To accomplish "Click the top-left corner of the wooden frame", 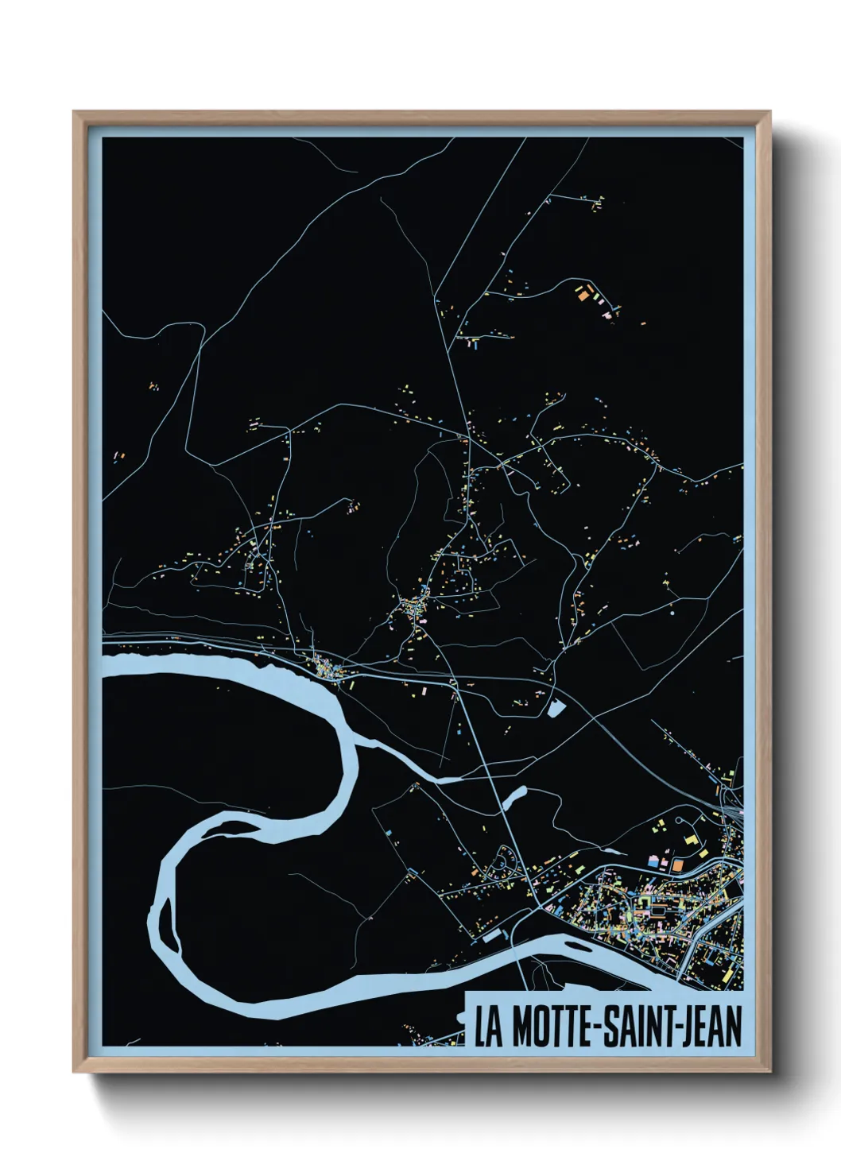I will [x=75, y=112].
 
